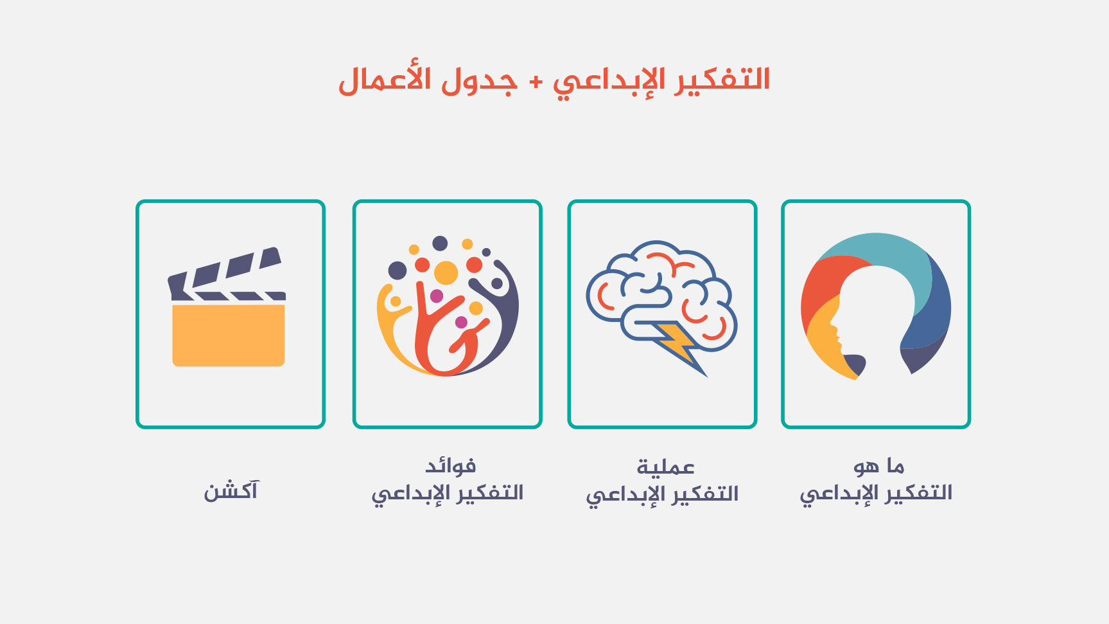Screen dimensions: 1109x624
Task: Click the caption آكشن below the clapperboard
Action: pyautogui.click(x=231, y=491)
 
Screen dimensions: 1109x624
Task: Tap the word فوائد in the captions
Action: pyautogui.click(x=450, y=465)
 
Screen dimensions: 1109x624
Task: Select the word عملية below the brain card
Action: pyautogui.click(x=665, y=467)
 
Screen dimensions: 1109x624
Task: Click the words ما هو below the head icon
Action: pyautogui.click(x=878, y=465)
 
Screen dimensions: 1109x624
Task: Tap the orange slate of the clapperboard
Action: pyautogui.click(x=229, y=335)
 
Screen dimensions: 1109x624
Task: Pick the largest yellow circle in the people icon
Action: pyautogui.click(x=446, y=273)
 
